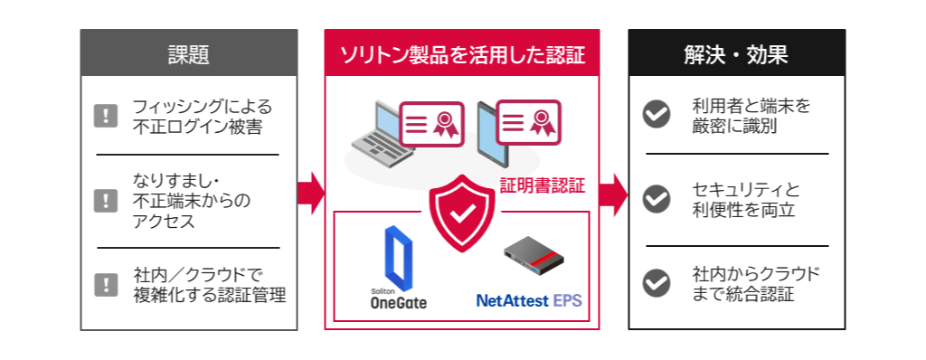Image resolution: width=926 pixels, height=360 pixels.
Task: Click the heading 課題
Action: pos(189,54)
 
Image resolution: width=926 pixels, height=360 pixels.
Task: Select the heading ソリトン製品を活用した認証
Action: pos(462,54)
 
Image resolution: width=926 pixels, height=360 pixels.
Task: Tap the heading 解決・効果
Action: pos(736,54)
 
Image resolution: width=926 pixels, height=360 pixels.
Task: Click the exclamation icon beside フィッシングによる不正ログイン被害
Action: pos(107,116)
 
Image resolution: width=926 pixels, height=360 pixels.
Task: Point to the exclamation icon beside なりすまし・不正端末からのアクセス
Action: pos(107,200)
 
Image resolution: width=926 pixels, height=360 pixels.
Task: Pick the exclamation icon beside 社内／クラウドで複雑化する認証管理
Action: pos(107,284)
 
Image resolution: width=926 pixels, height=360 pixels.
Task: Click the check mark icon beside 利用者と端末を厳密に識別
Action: pos(656,114)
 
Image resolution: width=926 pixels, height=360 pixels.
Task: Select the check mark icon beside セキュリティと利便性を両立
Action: pos(656,198)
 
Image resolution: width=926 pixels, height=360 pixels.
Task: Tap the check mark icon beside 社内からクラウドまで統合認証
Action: pos(656,282)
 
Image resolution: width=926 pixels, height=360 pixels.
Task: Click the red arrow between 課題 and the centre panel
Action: pos(310,193)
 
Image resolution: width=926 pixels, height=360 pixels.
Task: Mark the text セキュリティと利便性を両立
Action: pos(745,199)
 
